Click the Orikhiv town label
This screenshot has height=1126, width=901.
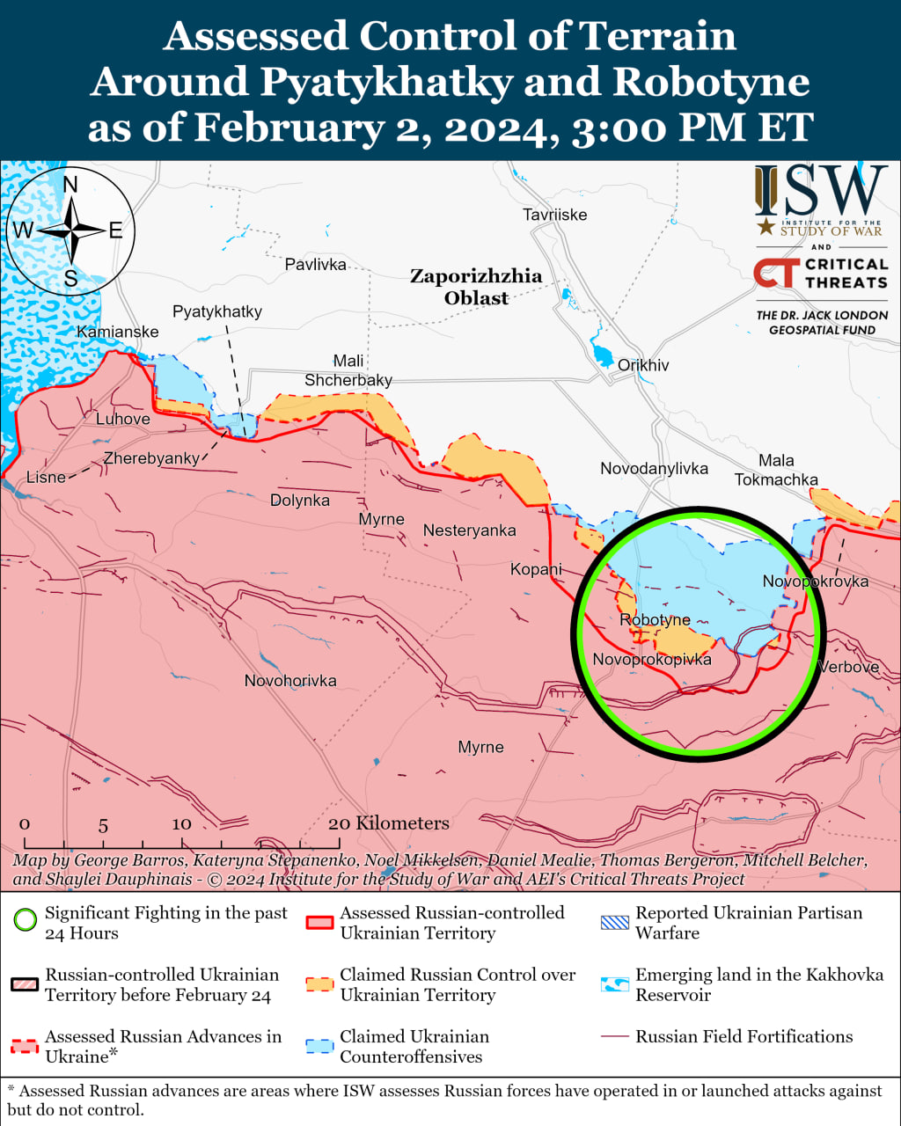(642, 365)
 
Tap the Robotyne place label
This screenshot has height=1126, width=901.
(655, 620)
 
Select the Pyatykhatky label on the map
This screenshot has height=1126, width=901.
(216, 311)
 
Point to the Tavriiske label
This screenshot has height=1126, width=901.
(554, 215)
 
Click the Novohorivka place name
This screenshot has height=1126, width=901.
(290, 681)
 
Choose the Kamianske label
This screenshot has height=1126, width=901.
(118, 332)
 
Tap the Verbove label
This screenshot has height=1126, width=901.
(848, 667)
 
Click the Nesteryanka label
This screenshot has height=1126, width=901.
(469, 530)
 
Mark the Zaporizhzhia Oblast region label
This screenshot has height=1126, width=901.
(476, 287)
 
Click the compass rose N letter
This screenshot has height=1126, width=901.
(70, 184)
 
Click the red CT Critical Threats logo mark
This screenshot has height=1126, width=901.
(776, 273)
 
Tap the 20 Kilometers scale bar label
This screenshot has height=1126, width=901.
(388, 823)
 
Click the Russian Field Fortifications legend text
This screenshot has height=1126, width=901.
(744, 1036)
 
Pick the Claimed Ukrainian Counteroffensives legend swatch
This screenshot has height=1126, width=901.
(319, 1046)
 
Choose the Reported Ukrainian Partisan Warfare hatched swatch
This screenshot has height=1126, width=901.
(615, 923)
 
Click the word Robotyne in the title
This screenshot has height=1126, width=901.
(711, 82)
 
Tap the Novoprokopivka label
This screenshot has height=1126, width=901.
(651, 660)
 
